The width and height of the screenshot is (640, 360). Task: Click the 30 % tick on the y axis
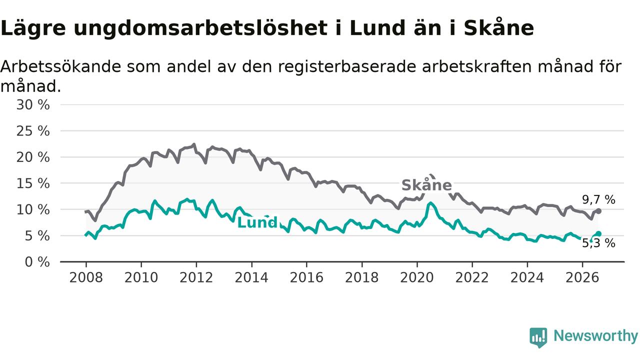point(33,105)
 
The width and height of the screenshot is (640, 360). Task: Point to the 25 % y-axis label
point(33,131)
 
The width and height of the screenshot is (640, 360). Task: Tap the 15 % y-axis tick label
point(33,183)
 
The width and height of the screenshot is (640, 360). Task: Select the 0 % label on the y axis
point(37,262)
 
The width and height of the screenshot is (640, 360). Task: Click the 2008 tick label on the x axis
point(86,277)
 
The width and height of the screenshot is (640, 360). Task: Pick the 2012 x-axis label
point(196,277)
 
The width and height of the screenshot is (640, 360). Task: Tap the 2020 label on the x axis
point(417,277)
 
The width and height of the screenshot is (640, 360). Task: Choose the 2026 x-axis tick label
point(582,277)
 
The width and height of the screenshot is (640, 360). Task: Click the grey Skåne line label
point(426,185)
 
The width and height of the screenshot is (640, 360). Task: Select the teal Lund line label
point(257,222)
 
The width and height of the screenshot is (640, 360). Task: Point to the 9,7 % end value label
point(598,199)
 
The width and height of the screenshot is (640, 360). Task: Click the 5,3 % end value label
point(599,243)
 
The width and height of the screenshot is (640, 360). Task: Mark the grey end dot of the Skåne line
point(599,211)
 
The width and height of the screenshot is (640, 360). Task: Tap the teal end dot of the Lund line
point(599,234)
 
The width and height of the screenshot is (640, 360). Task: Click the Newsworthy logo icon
point(538,337)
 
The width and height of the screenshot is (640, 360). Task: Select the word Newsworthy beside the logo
point(595,335)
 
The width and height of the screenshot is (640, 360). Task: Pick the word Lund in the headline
point(377,28)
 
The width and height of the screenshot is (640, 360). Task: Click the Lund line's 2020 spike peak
point(430,203)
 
